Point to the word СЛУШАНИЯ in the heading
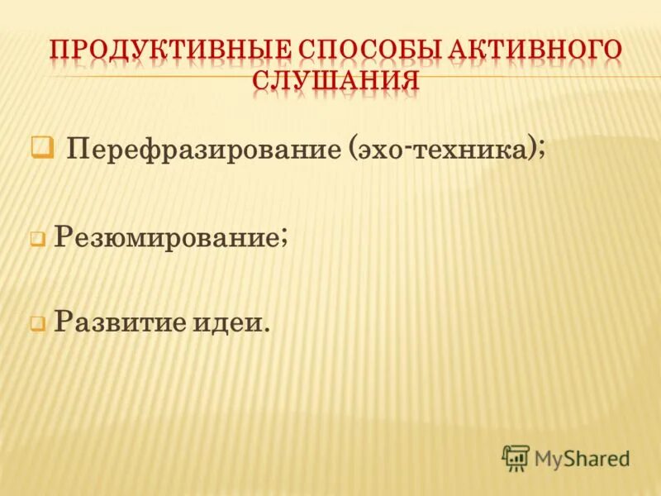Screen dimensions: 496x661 point(335,81)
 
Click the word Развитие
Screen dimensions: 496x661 point(124,321)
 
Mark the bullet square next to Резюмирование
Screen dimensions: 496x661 point(37,240)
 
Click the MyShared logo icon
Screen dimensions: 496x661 point(516,457)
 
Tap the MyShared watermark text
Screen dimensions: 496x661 point(583,458)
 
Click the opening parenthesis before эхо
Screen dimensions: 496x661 point(353,150)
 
